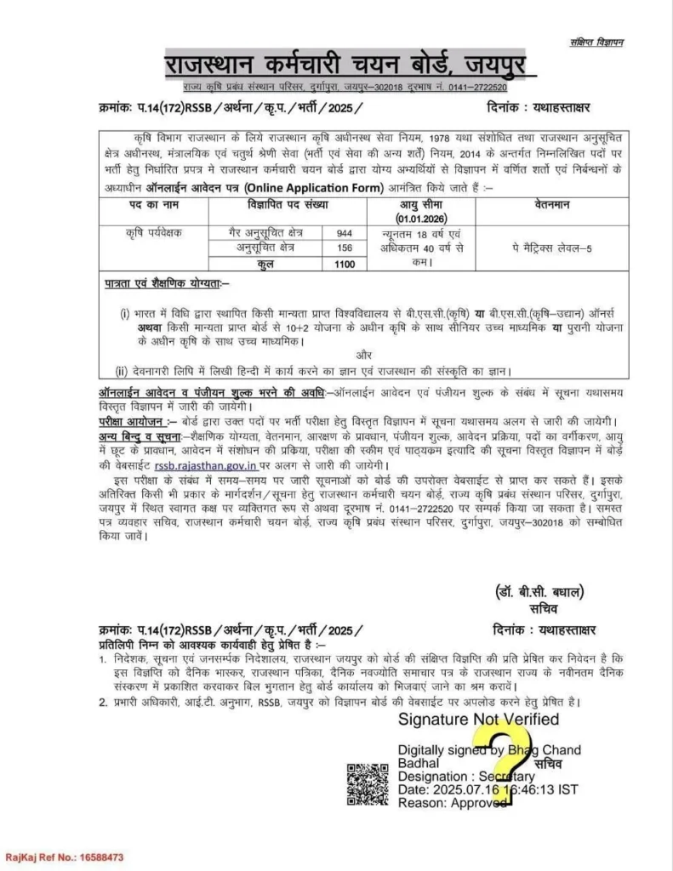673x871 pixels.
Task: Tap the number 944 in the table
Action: tap(344, 232)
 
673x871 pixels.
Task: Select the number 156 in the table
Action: tap(344, 248)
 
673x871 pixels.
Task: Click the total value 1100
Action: tap(344, 264)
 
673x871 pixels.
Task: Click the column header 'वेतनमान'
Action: tap(551, 205)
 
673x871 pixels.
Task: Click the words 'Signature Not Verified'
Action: tap(479, 720)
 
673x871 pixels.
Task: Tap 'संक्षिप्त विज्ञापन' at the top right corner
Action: tap(596, 43)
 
